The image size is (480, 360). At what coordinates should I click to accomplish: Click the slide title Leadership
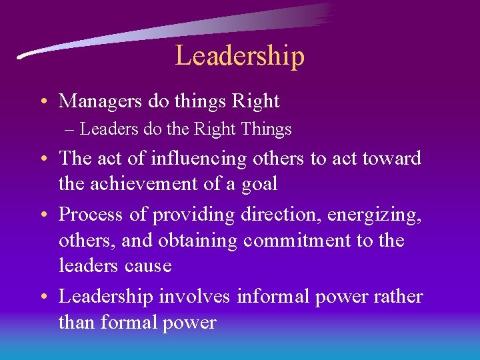(239, 55)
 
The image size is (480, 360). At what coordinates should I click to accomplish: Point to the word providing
(193, 215)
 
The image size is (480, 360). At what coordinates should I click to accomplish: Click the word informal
(273, 296)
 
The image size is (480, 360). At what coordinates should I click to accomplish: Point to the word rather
(398, 296)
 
